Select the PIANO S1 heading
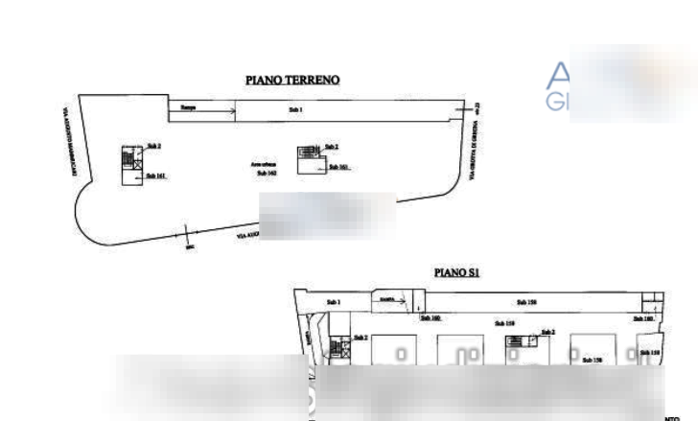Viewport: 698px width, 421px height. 455,272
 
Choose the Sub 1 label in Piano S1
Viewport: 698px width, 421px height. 524,302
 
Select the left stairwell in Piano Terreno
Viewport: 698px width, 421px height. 131,164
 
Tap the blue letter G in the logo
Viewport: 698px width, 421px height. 555,102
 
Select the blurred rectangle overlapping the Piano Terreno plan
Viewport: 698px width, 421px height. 328,216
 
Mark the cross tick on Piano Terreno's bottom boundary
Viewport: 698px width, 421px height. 191,246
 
